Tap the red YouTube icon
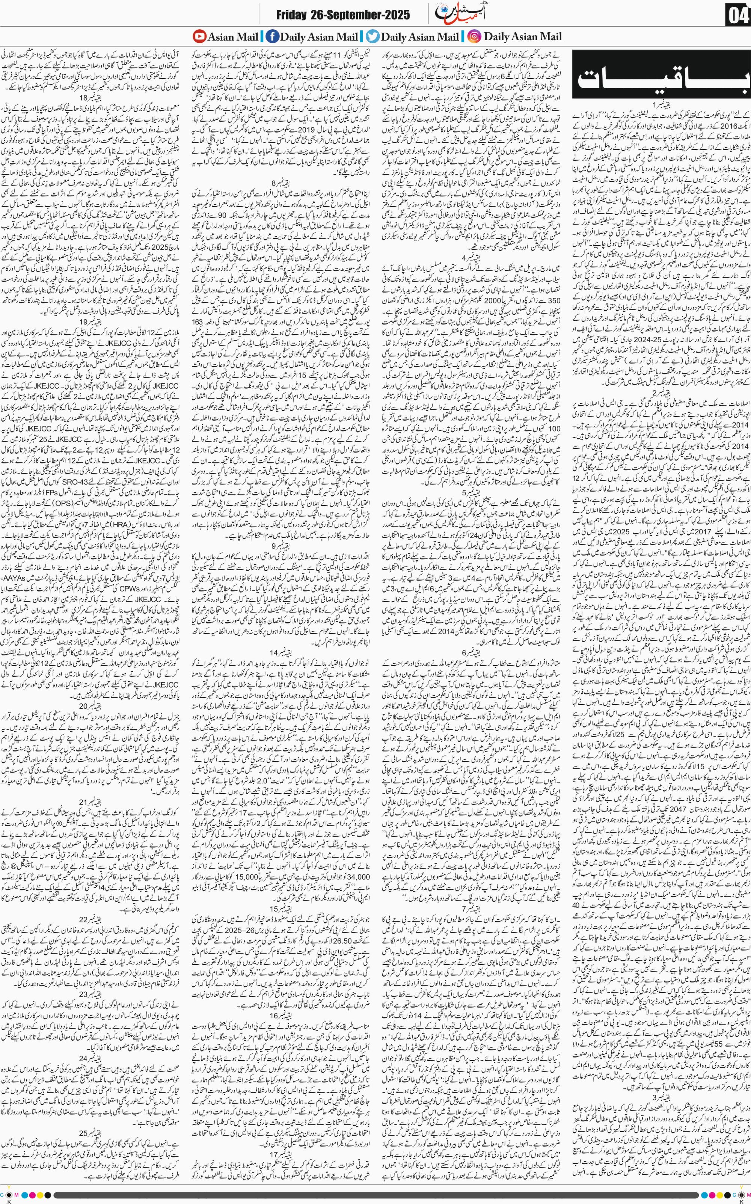pos(199,36)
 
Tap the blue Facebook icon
pos(272,36)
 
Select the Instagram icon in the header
pos(475,36)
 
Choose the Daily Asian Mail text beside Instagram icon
pos(523,36)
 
